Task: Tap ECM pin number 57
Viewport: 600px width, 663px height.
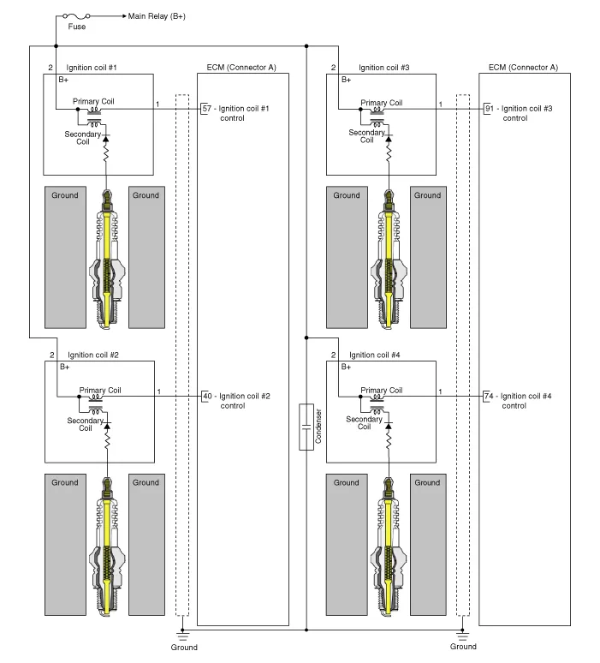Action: click(206, 109)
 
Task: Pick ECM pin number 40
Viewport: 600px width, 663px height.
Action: click(206, 396)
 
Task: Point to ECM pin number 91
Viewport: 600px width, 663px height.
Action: click(489, 109)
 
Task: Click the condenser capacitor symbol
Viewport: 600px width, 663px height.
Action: click(306, 426)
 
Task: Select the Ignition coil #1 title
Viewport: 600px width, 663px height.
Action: click(92, 67)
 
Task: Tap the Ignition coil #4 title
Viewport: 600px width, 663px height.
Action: click(375, 354)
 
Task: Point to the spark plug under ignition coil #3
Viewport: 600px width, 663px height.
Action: click(389, 257)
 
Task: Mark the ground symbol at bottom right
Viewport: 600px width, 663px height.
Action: click(463, 636)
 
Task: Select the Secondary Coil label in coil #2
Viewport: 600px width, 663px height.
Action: click(85, 424)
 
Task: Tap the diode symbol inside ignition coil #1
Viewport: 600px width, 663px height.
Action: click(107, 139)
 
